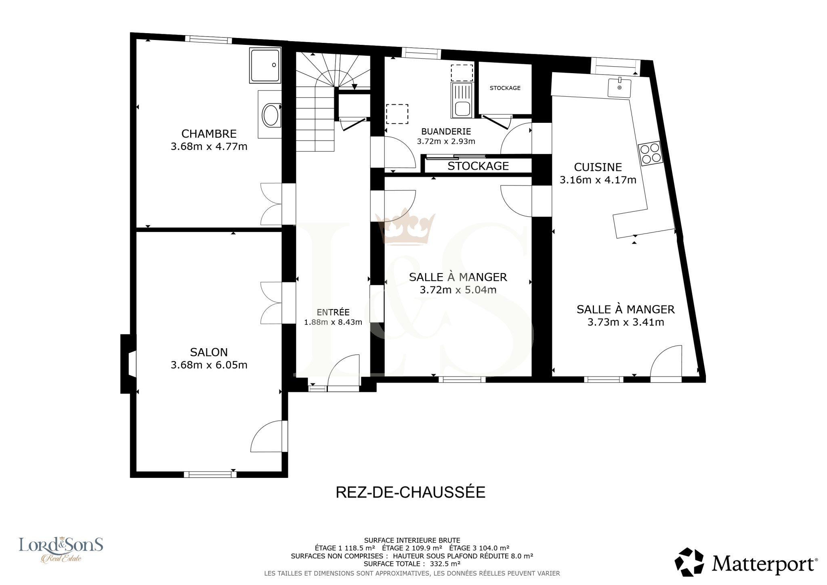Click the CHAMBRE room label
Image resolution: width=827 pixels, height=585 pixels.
[x=209, y=134]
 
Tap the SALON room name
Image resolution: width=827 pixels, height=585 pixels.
[x=209, y=352]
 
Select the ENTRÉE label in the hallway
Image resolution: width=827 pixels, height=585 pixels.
[x=333, y=312]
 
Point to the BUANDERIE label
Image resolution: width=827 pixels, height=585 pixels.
[x=446, y=131]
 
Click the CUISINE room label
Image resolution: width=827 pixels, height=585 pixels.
[x=598, y=167]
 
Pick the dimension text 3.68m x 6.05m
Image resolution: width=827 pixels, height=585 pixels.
[x=209, y=365]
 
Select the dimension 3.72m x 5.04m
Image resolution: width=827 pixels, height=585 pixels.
[x=458, y=290]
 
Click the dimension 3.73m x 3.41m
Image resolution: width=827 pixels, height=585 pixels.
[x=625, y=322]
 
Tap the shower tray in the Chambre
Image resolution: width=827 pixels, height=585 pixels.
[x=265, y=65]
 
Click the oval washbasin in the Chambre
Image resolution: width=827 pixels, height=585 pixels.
[x=271, y=115]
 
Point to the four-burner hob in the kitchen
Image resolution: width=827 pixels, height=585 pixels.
[x=650, y=153]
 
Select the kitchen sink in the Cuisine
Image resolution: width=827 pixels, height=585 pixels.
[x=619, y=87]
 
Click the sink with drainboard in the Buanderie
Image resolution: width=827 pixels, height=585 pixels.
[x=462, y=100]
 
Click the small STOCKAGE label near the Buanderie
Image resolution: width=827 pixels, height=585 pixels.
[x=505, y=88]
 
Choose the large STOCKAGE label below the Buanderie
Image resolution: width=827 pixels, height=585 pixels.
[x=478, y=166]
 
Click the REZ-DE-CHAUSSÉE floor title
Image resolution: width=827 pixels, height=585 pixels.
[x=411, y=492]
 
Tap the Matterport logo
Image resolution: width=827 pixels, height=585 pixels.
[x=746, y=562]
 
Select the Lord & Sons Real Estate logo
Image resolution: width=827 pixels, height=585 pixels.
[x=61, y=549]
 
